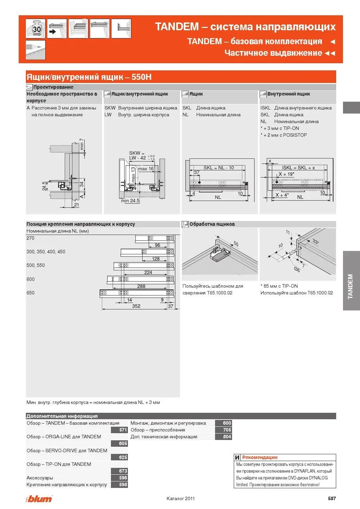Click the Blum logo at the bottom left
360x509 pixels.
(x=39, y=498)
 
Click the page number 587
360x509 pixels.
(x=332, y=498)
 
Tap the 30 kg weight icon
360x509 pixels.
(x=36, y=29)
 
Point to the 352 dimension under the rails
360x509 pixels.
(x=136, y=306)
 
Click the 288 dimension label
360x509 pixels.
(x=141, y=286)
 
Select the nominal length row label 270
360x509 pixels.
(x=31, y=238)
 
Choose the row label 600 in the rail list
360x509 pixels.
(x=31, y=279)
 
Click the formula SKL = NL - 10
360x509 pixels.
(x=218, y=168)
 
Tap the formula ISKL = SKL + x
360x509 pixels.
(x=298, y=168)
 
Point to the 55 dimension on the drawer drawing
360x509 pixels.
(x=236, y=244)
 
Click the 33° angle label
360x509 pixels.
(x=315, y=242)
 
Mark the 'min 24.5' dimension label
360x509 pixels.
(x=130, y=201)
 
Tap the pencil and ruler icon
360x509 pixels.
(x=36, y=50)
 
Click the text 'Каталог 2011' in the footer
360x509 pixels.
(x=181, y=498)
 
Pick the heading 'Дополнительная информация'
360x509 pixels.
(x=62, y=416)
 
